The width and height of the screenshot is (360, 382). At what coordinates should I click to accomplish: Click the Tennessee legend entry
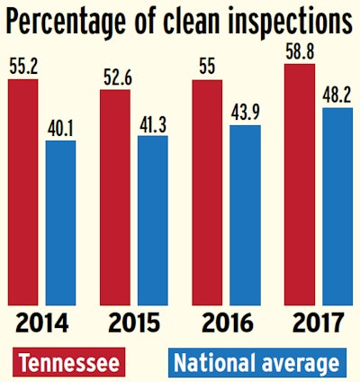tap(72, 362)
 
